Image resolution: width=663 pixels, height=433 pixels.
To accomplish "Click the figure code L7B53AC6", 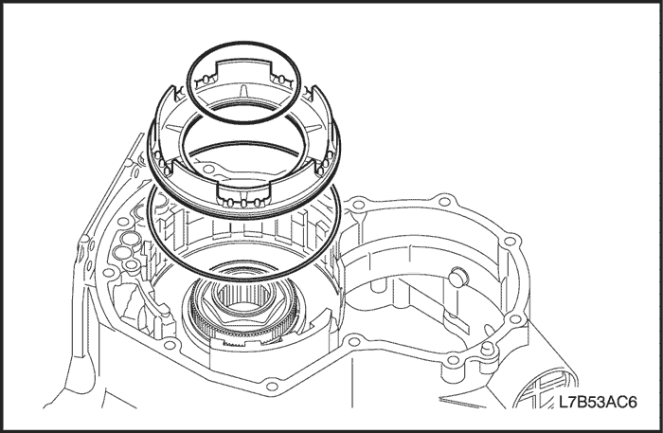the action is (598, 402).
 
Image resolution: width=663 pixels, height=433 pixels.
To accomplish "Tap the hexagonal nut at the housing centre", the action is (242, 303).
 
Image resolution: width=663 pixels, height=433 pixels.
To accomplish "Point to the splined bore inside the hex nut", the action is (242, 296).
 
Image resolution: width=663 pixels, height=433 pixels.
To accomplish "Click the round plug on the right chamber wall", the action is (457, 276).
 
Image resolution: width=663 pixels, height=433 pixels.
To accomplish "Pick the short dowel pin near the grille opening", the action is (488, 350).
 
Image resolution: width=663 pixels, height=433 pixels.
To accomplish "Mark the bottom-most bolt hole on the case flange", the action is (272, 387).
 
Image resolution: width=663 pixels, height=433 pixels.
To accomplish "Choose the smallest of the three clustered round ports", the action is (133, 265).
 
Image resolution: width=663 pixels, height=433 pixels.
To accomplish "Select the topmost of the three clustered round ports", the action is (131, 239).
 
